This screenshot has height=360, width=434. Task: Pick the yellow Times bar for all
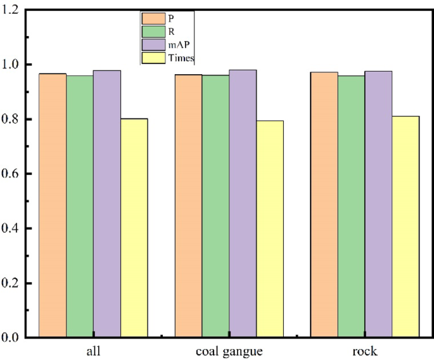point(134,228)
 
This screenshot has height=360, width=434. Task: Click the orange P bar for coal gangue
point(188,205)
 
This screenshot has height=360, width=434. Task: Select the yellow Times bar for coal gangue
point(270,229)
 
